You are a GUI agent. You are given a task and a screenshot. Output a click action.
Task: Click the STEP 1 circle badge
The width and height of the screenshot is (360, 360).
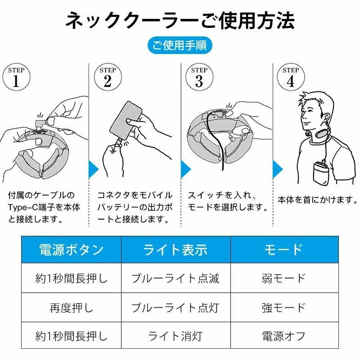[16, 77]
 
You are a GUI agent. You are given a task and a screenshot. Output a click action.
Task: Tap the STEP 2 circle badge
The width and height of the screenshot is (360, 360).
[108, 77]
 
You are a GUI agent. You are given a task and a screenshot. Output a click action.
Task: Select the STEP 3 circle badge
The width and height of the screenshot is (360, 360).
[199, 77]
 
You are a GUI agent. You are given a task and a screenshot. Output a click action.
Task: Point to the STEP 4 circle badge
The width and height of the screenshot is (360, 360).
[291, 77]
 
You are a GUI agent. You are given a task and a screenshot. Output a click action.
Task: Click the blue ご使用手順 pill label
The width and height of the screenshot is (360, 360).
[180, 45]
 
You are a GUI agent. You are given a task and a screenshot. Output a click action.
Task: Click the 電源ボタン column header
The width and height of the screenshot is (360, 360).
[71, 250]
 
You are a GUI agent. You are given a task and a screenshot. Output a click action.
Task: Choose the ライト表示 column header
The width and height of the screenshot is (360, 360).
[176, 250]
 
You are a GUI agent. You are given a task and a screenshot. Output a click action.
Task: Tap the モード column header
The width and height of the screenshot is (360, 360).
[284, 250]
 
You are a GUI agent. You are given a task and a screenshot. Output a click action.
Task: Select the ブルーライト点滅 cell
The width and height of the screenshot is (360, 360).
[176, 278]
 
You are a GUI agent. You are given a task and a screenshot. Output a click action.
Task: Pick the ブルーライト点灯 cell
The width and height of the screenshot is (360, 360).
[176, 307]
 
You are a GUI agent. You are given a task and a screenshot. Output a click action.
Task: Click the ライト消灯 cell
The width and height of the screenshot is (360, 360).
[176, 335]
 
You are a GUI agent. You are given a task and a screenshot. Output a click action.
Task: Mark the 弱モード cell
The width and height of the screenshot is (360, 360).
[284, 278]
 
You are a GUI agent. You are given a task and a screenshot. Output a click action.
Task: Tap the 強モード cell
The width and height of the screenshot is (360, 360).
[284, 307]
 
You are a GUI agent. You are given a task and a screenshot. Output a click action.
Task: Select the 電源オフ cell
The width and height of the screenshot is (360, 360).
[284, 335]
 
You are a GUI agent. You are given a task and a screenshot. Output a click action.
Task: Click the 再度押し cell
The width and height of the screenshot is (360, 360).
[71, 307]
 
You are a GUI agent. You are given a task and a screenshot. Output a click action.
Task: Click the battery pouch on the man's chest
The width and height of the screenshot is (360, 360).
[321, 172]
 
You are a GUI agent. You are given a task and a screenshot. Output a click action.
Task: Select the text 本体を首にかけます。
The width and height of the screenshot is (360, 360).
[317, 200]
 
